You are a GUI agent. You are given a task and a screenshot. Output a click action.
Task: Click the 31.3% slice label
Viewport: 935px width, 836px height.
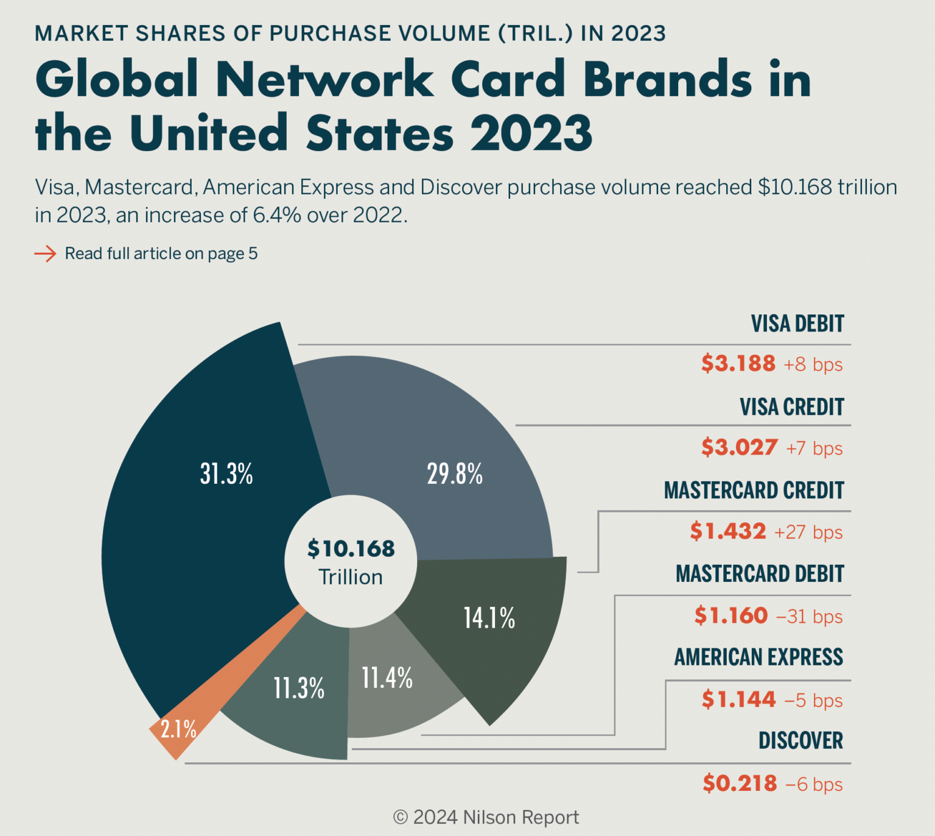point(226,473)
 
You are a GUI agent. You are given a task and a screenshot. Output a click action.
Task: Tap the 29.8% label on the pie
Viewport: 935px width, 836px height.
point(455,473)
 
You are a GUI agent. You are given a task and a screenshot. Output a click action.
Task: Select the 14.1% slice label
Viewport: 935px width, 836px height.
point(489,618)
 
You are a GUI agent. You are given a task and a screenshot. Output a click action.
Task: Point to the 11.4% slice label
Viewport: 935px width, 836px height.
point(387,678)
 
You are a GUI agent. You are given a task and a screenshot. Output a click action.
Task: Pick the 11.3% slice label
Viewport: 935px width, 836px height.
point(299,689)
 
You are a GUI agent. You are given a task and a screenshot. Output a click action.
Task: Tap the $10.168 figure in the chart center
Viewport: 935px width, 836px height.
point(351,548)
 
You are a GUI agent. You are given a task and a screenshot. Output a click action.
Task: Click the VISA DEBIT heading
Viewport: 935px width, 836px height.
point(797,324)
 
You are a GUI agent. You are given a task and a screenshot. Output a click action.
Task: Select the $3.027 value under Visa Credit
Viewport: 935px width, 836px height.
point(740,447)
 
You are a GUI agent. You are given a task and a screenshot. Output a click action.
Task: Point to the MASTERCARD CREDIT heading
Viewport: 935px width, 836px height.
point(754,491)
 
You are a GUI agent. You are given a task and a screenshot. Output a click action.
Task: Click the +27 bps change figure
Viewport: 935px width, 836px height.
point(808,532)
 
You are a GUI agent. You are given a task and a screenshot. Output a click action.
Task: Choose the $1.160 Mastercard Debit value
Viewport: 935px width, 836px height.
point(731,615)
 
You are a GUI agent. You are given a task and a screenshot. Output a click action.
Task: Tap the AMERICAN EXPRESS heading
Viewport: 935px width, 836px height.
point(759,657)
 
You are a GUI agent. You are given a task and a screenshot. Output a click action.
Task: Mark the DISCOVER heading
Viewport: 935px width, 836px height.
point(801,741)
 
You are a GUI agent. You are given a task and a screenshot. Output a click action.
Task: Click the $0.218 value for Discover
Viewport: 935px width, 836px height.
point(740,783)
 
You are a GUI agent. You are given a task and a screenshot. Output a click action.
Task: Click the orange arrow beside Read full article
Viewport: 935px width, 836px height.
point(45,253)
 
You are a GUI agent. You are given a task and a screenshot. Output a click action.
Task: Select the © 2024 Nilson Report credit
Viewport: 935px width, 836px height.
point(486,817)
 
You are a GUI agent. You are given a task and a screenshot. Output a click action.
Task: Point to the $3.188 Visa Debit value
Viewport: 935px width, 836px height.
point(738,363)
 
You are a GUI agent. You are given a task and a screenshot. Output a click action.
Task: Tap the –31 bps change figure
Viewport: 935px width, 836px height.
point(810,616)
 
